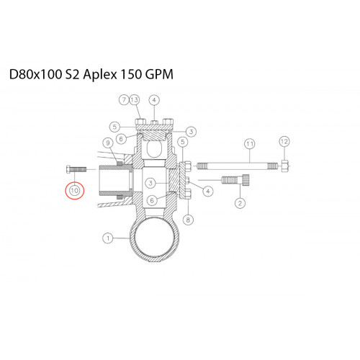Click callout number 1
coord(108,238)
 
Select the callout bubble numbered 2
coord(240,203)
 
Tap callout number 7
coord(124,99)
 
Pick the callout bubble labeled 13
coord(135,99)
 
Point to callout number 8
coord(188,220)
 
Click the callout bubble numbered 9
coord(108,143)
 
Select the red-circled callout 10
coord(74,191)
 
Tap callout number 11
coord(250,144)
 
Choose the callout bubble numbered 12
coord(284,141)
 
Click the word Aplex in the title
coord(100,74)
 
